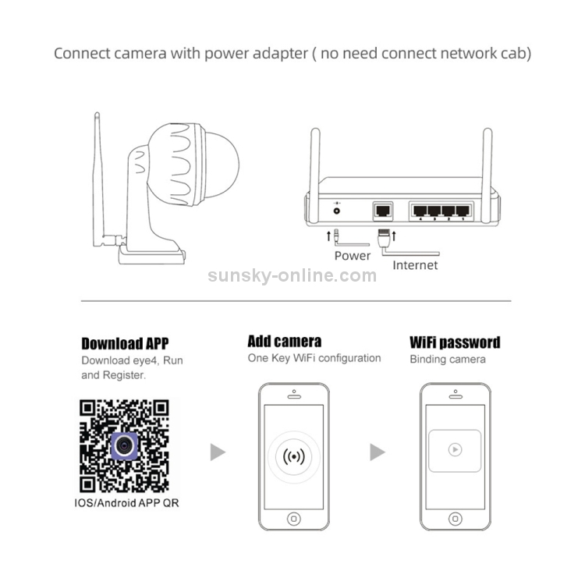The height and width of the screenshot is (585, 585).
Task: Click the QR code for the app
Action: [x=125, y=444]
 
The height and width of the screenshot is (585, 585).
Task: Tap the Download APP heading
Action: [x=125, y=343]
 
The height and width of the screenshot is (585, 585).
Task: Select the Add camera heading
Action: [x=284, y=341]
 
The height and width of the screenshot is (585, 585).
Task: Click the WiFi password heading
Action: [x=455, y=342]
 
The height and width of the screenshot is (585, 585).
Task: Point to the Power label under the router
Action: [x=353, y=255]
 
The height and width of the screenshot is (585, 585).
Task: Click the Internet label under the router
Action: [x=415, y=265]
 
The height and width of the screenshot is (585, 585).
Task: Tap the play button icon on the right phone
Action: [x=455, y=450]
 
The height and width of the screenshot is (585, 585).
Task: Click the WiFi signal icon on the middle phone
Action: [x=293, y=455]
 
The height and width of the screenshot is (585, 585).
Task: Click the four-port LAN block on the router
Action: [x=441, y=210]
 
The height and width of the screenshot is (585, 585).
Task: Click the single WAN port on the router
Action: [x=384, y=210]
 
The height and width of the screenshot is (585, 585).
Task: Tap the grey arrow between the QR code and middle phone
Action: [x=218, y=452]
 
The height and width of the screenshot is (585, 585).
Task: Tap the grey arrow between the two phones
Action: [x=378, y=452]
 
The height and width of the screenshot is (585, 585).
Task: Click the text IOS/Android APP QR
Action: [x=126, y=502]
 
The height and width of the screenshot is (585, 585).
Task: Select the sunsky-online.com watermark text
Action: [x=292, y=275]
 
